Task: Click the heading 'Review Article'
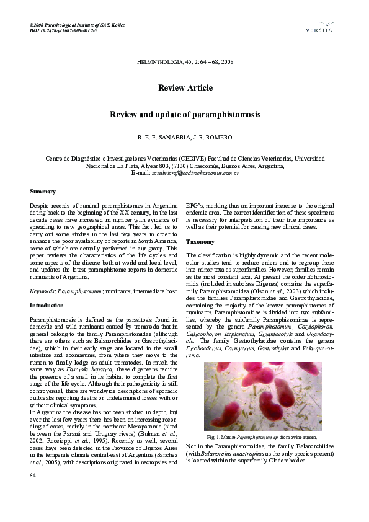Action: (x=185, y=88)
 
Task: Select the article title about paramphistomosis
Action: (x=185, y=115)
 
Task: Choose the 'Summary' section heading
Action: (x=43, y=191)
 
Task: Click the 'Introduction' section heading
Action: (x=47, y=306)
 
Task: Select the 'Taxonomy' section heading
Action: (x=200, y=241)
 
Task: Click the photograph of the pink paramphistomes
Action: (x=262, y=396)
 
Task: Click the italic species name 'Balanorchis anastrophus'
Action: (x=236, y=453)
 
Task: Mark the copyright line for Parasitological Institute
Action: (x=78, y=24)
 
